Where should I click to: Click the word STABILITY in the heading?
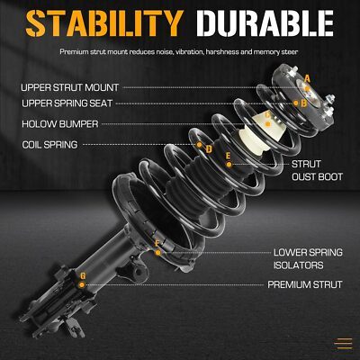click(x=104, y=23)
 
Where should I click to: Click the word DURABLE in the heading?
click(x=265, y=23)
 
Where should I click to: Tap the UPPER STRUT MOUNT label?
click(x=70, y=87)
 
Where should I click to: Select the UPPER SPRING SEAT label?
click(x=67, y=103)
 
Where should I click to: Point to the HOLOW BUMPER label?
click(x=60, y=124)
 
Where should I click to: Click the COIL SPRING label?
click(x=49, y=145)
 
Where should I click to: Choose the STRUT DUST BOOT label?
click(x=317, y=170)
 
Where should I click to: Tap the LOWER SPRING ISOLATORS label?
click(x=308, y=258)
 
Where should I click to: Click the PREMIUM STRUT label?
click(x=305, y=284)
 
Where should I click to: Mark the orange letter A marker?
click(x=307, y=79)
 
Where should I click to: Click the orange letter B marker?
click(x=304, y=103)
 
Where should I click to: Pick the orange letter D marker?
click(x=209, y=149)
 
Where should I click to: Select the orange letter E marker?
click(x=228, y=156)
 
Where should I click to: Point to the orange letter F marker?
click(x=157, y=244)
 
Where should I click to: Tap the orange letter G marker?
click(x=83, y=275)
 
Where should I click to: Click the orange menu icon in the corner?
click(x=345, y=344)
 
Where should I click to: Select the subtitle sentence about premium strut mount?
click(x=179, y=52)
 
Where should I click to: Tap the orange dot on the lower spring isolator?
click(x=157, y=253)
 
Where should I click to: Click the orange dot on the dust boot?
click(x=229, y=165)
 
